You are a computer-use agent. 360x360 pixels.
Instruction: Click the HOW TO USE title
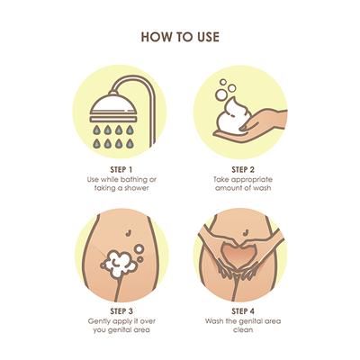[x=180, y=37]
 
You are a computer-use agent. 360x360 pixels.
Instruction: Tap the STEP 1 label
[x=121, y=170]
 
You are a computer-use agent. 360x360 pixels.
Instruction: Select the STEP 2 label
[x=243, y=170]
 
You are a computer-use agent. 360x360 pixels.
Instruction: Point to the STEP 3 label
[x=121, y=311]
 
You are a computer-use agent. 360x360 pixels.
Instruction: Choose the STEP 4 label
[x=243, y=311]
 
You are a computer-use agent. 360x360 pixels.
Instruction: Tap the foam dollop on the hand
[x=231, y=117]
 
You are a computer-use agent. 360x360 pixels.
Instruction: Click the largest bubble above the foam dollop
[x=221, y=94]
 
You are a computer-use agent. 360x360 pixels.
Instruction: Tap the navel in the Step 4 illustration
[x=246, y=232]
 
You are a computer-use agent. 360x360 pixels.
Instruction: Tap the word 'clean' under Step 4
[x=243, y=329]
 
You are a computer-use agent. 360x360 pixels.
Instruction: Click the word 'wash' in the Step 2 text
[x=262, y=188]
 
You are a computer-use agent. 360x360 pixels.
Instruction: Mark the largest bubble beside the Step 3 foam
[x=139, y=248]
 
